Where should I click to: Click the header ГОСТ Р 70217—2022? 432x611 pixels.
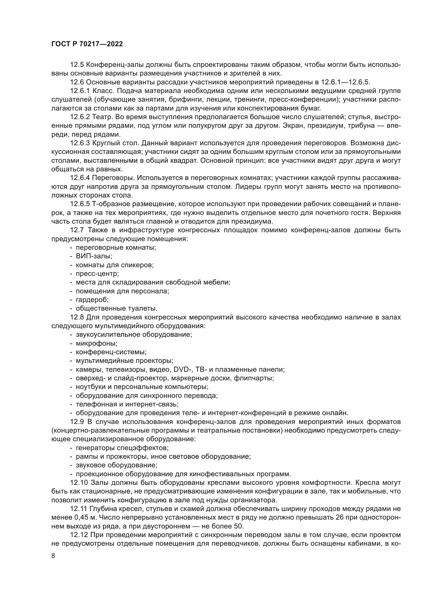87,44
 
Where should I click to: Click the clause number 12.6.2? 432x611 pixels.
80,117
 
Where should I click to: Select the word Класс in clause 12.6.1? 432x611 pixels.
103,91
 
